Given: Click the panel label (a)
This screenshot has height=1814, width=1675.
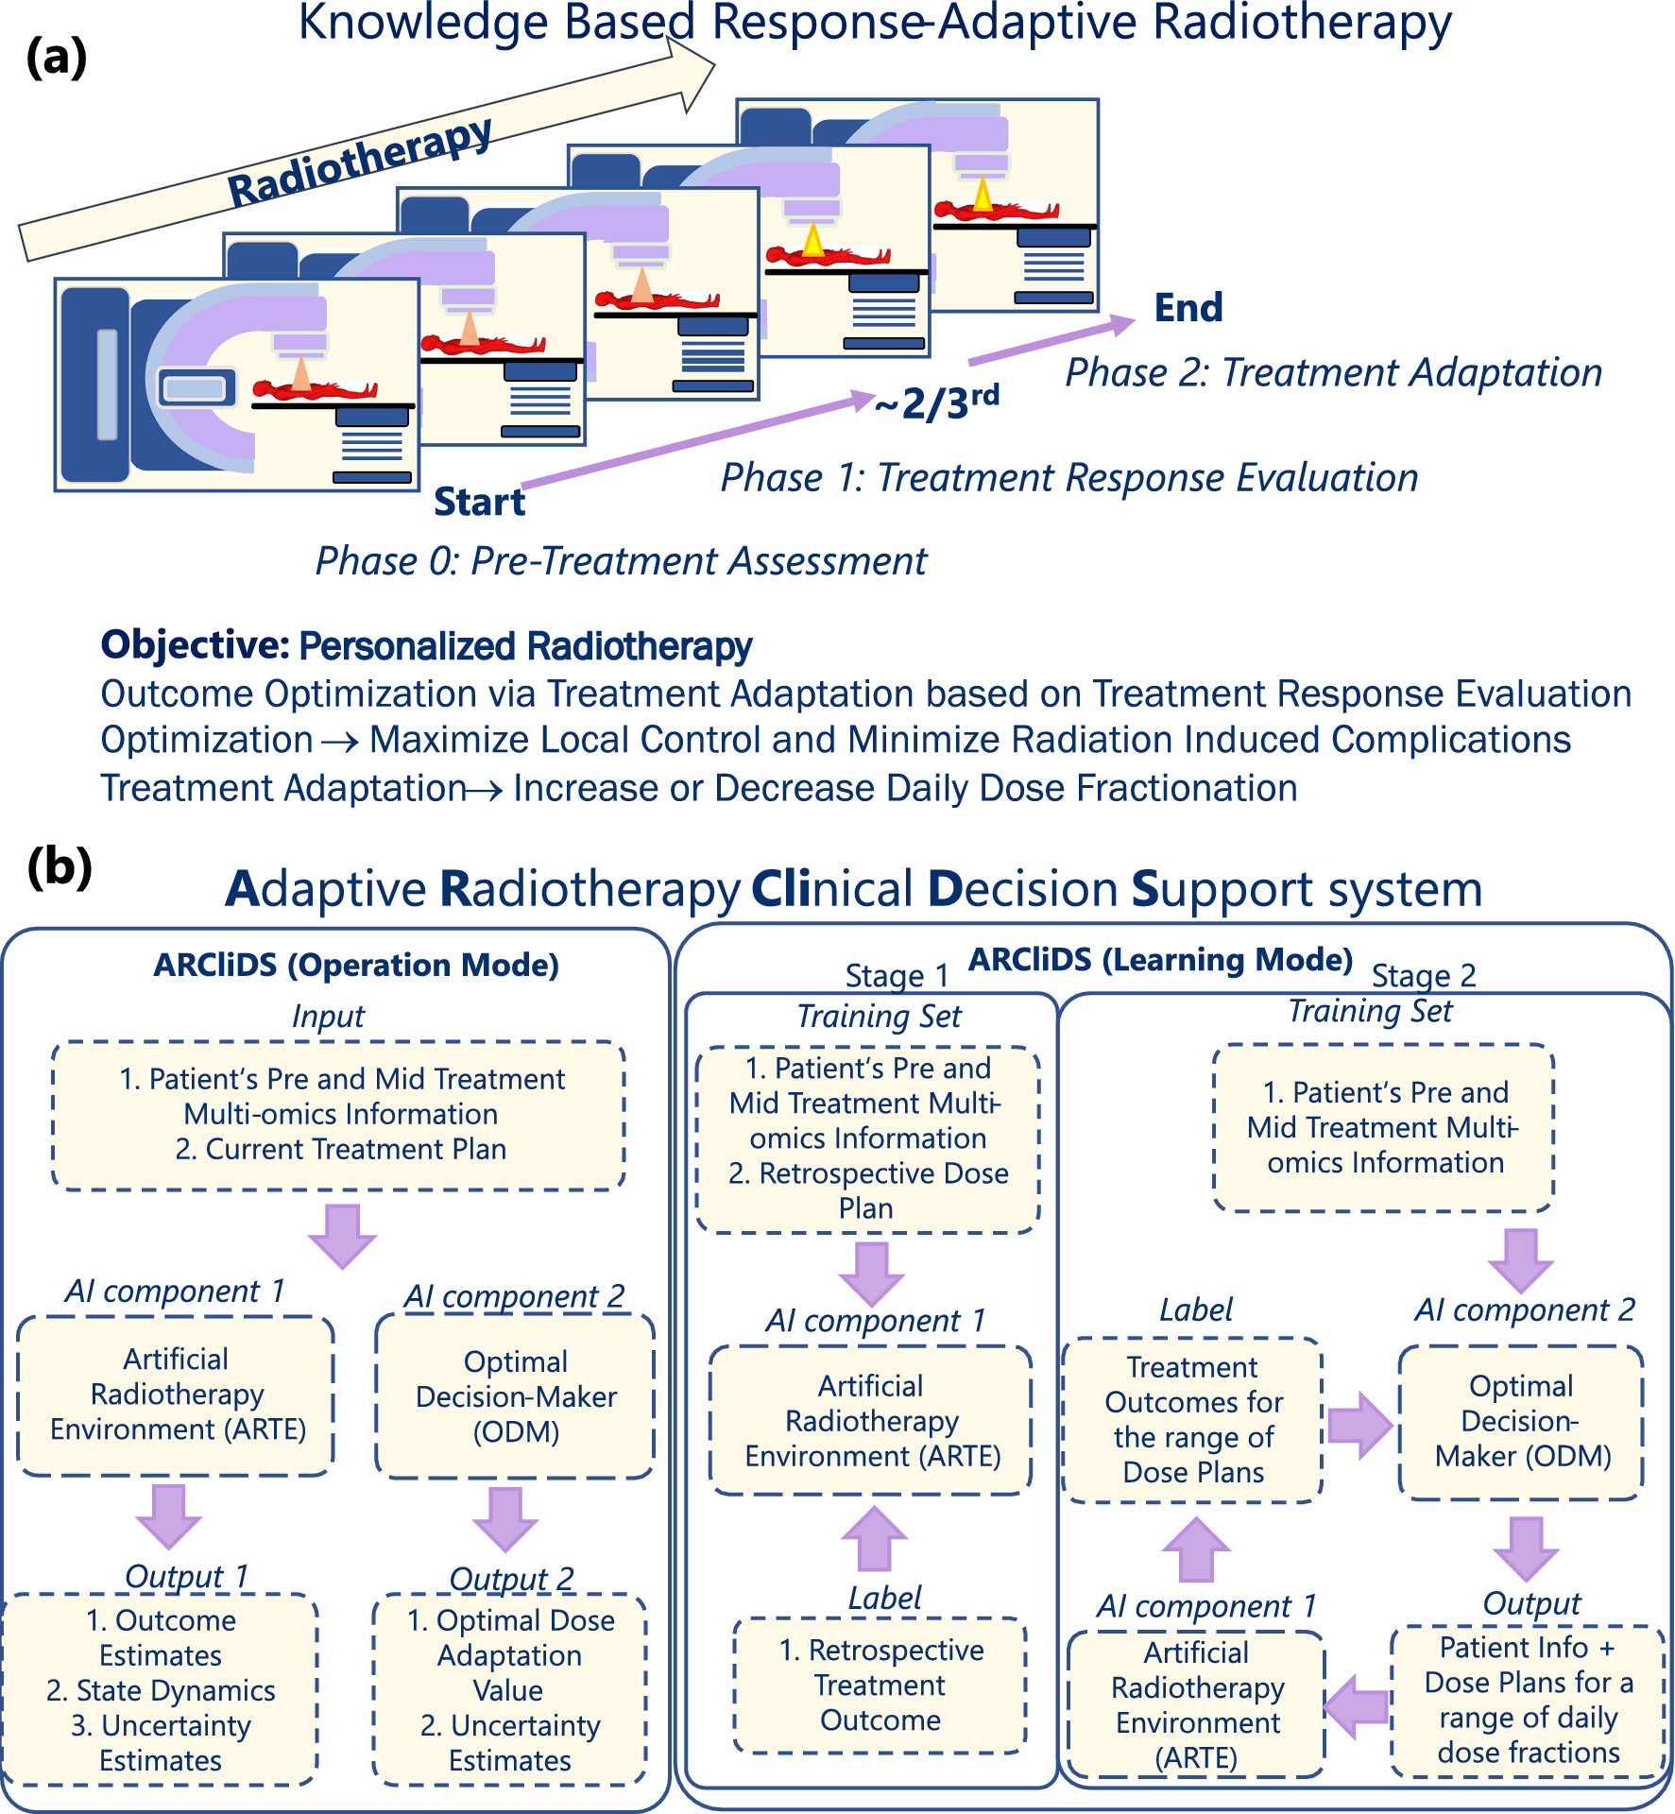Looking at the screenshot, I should [57, 59].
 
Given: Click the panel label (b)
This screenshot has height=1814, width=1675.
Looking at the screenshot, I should [60, 866].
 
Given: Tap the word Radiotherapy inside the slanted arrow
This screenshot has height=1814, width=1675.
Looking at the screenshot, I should [360, 162].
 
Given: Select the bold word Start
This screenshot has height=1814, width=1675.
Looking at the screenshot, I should [479, 502].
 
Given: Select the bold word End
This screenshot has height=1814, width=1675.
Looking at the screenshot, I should [1188, 308].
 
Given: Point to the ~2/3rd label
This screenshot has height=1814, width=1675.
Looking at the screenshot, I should [936, 402].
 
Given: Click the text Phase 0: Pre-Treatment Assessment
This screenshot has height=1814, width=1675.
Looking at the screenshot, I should [621, 561].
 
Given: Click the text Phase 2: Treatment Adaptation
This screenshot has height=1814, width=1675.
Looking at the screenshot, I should [1333, 373].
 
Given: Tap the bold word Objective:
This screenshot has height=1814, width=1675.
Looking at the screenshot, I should [195, 645].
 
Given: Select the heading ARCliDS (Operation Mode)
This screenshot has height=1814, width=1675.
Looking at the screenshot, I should [356, 965].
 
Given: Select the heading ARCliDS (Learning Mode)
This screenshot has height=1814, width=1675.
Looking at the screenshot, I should [1161, 960].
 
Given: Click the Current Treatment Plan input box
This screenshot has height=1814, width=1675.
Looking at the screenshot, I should [339, 1115].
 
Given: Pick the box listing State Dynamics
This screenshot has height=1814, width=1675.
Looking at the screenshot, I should [161, 1689].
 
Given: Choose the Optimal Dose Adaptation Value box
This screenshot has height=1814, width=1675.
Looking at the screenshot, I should [510, 1689].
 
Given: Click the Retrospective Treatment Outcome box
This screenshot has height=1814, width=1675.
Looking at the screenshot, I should [880, 1686].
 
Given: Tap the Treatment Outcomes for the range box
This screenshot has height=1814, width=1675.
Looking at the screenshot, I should [1193, 1419].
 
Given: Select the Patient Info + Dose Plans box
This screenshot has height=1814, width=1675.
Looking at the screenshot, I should [1528, 1701].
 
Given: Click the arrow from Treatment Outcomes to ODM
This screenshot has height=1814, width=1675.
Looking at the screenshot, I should [1359, 1425].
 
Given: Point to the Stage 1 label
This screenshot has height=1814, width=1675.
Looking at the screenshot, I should [896, 975].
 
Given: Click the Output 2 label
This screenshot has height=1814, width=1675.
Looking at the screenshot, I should [511, 1579].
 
